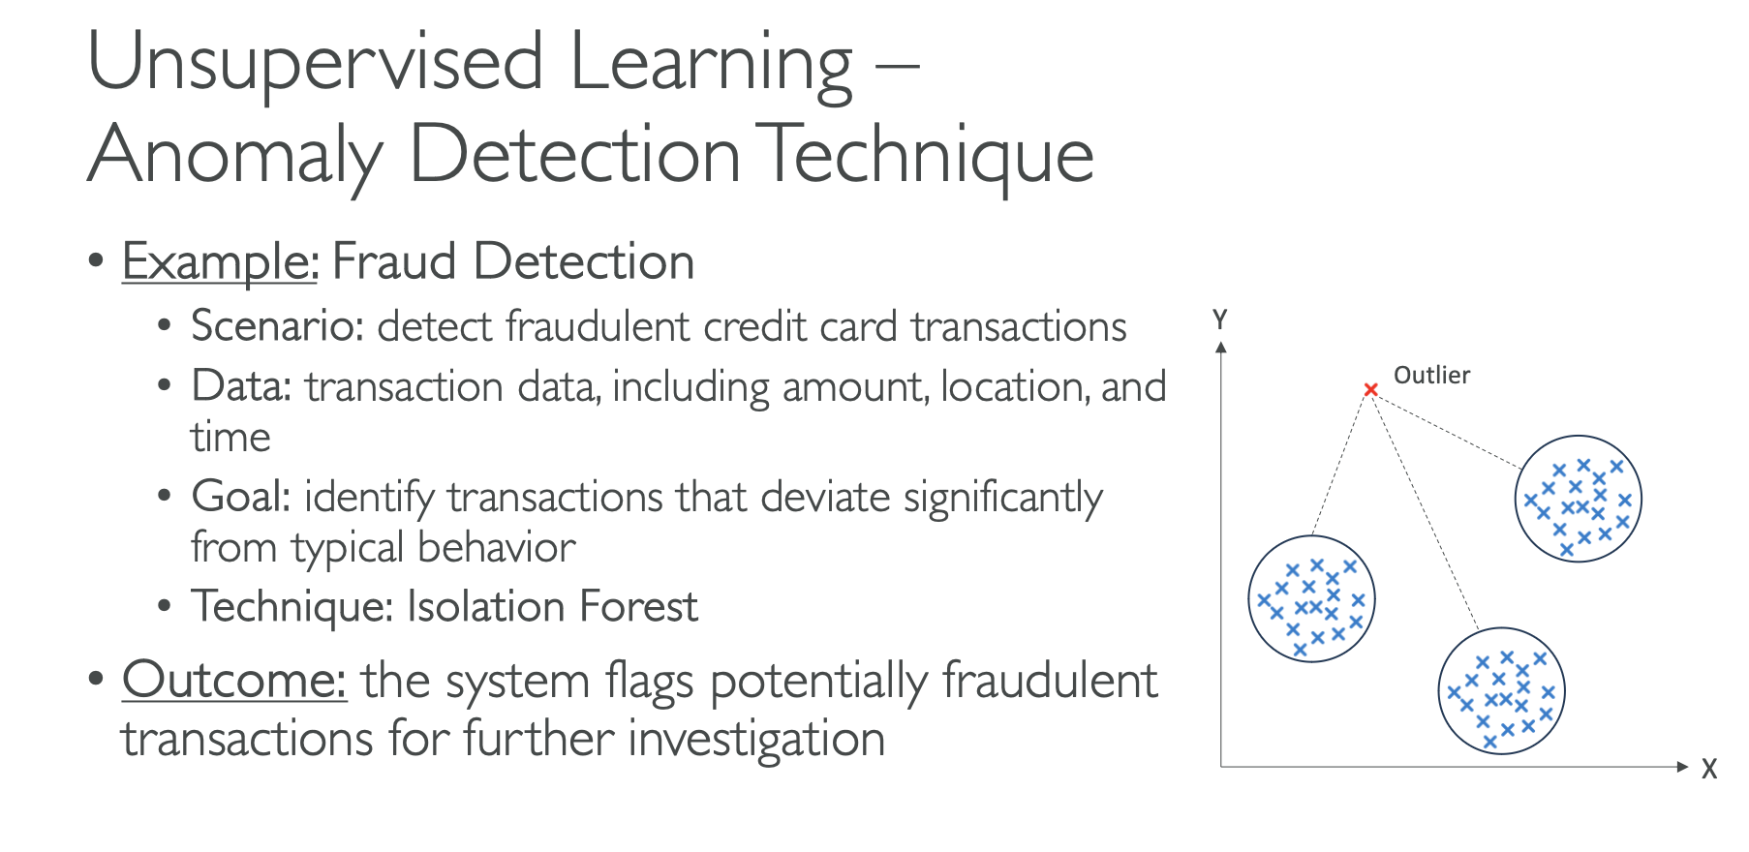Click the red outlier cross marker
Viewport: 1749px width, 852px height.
click(x=1370, y=389)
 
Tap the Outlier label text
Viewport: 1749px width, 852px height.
click(x=1431, y=375)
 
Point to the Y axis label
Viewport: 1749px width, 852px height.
click(x=1220, y=319)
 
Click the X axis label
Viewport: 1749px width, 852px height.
click(x=1709, y=769)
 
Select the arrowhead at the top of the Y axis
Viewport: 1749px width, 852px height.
click(x=1221, y=347)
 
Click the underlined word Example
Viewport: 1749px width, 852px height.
click(x=219, y=262)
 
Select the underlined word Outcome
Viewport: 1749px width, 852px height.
click(x=233, y=680)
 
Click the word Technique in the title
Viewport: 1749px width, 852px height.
click(x=925, y=156)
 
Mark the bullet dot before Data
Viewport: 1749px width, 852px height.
click(x=165, y=386)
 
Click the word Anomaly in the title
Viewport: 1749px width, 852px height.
click(x=235, y=156)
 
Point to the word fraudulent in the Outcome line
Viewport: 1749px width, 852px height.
click(x=1049, y=680)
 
